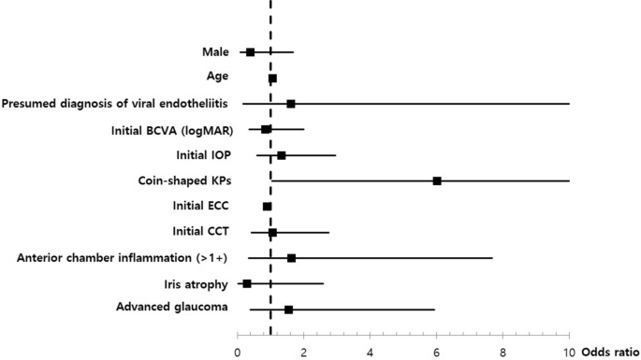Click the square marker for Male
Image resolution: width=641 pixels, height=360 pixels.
250,52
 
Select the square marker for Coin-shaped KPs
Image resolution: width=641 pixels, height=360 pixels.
437,180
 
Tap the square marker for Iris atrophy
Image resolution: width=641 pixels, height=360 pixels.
247,283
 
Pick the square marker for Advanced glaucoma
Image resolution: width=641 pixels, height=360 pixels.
288,310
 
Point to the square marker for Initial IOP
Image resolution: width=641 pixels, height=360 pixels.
281,155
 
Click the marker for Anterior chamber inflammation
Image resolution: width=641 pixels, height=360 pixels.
291,258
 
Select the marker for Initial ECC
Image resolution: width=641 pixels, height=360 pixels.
268,207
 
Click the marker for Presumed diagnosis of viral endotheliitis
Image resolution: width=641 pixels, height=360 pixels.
291,104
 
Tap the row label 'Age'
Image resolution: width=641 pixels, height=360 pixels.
217,78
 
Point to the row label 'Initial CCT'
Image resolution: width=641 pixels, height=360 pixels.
201,232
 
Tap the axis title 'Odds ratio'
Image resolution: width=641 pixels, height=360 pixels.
609,353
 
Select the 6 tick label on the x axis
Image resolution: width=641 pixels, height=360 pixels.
437,353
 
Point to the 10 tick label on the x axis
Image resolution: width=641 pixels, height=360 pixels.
569,353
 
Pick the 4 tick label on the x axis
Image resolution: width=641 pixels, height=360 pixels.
371,353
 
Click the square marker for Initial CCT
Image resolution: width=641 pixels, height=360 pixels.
272,232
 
